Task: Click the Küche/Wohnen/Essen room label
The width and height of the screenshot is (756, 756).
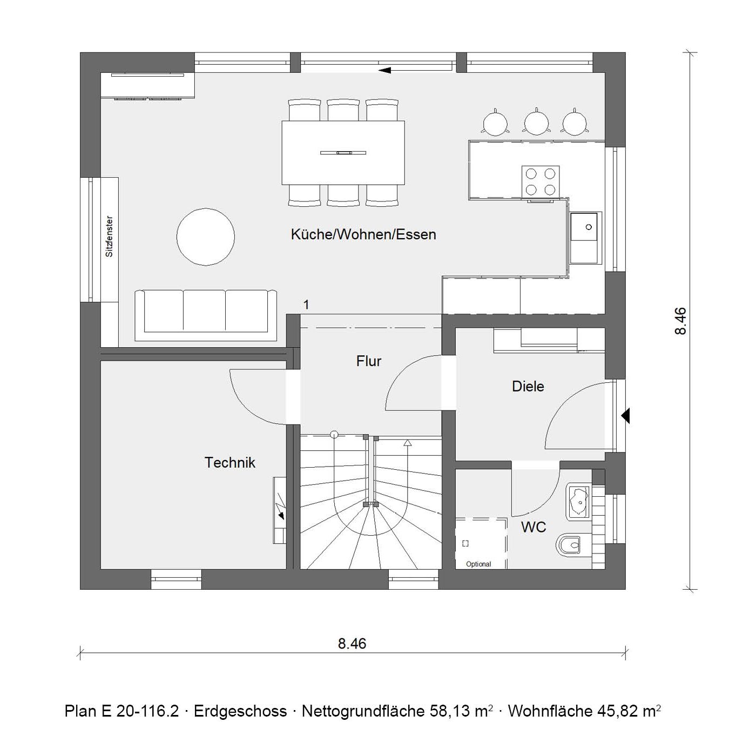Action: click(363, 234)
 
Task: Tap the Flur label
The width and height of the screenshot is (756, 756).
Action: click(368, 361)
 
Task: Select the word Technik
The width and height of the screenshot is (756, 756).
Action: click(230, 463)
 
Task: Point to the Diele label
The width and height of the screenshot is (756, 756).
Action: click(528, 387)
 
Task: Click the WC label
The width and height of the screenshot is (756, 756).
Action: click(533, 527)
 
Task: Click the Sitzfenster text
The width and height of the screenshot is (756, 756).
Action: click(110, 237)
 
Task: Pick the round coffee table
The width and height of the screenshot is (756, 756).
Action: click(206, 237)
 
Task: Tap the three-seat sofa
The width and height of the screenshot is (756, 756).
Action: click(206, 315)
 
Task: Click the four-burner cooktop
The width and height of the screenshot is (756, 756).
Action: click(540, 181)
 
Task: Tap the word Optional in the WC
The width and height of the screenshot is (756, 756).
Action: click(478, 564)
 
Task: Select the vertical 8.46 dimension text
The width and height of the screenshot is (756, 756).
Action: click(681, 321)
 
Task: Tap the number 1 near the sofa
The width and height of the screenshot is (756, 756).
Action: click(306, 305)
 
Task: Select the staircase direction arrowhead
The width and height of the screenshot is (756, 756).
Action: click(408, 443)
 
